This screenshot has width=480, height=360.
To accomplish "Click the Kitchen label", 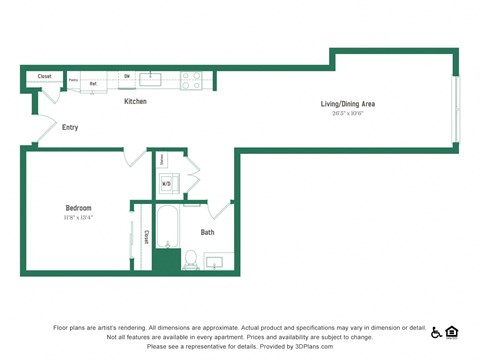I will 136,102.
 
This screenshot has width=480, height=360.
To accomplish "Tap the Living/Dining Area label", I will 347,104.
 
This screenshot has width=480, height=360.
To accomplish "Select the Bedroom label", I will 78,208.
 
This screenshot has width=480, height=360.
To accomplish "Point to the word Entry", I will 70,127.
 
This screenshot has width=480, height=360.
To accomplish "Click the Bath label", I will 207,232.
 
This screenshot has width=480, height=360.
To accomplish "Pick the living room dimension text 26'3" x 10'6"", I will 347,113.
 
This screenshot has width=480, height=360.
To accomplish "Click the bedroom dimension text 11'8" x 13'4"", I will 78,218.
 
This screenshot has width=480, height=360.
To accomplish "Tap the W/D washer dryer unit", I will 167,184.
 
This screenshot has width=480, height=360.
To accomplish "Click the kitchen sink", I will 150,79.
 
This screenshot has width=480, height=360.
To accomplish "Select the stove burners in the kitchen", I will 190,80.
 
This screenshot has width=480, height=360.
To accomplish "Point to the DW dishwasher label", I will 127,76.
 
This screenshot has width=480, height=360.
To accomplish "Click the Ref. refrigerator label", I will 94,83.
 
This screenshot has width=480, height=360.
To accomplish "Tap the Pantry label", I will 73,79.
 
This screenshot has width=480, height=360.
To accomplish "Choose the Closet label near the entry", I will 44,76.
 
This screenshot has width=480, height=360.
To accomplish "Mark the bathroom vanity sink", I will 213,262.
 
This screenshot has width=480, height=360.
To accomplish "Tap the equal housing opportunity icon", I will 452,332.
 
